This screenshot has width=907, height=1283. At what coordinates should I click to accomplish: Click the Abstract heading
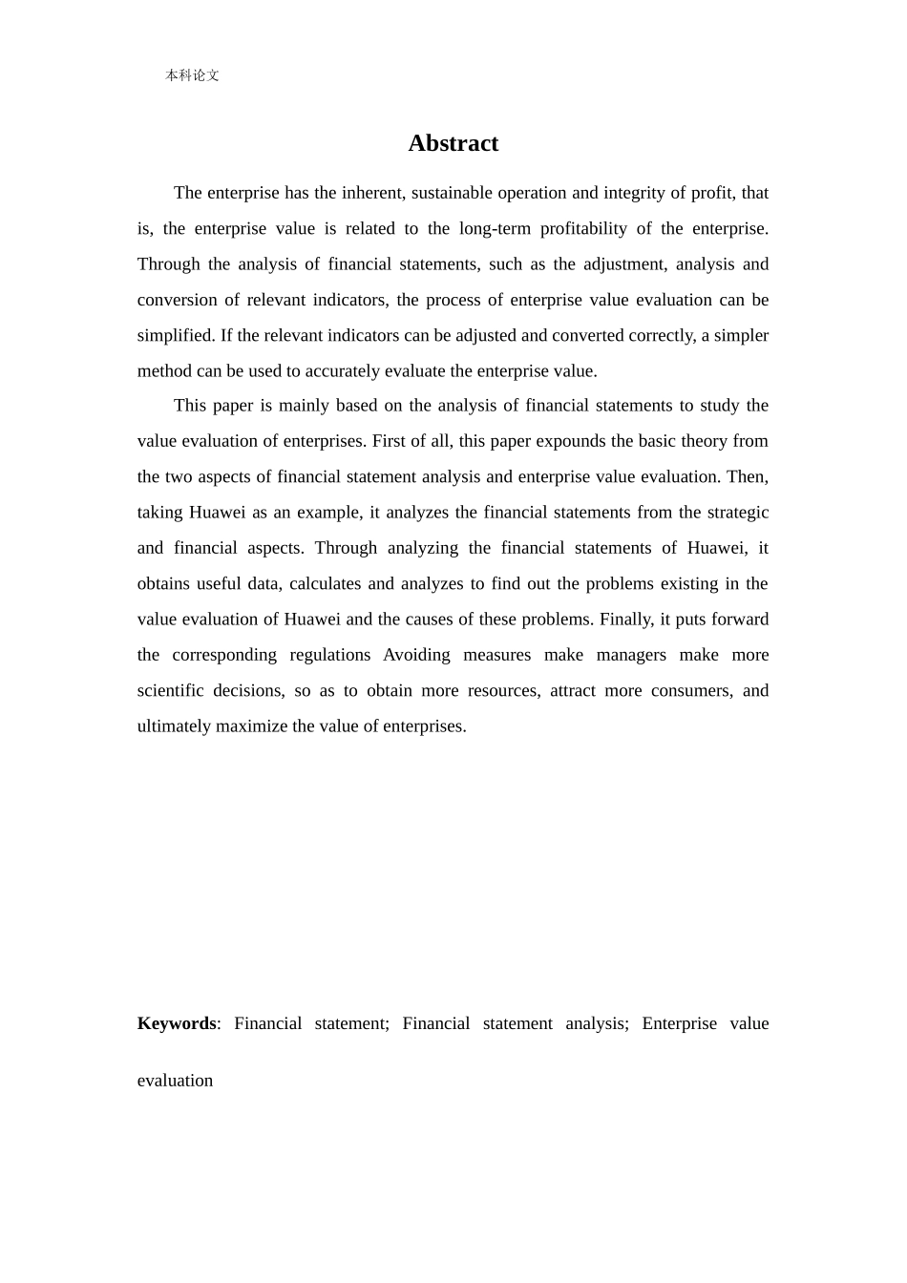[453, 143]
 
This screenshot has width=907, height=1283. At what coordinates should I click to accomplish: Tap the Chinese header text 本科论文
[192, 75]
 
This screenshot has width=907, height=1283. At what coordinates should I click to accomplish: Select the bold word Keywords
[177, 1023]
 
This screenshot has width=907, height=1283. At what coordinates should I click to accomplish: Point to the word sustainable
[458, 193]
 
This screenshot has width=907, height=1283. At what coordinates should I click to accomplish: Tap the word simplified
[176, 335]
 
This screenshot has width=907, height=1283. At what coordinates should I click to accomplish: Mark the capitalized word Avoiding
[416, 655]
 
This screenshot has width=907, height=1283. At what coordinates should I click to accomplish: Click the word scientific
[170, 690]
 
